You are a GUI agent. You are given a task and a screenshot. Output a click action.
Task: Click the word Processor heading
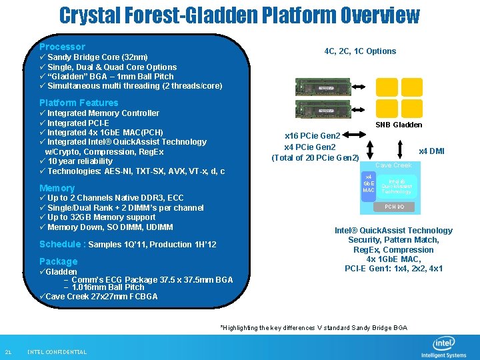(62, 47)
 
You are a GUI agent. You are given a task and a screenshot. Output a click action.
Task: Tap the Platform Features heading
(79, 103)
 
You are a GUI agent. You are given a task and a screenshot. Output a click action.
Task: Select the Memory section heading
(57, 188)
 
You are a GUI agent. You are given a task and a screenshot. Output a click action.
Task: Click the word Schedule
(61, 244)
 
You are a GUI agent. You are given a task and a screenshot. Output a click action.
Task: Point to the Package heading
(58, 261)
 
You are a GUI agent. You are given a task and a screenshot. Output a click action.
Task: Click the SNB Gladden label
(399, 125)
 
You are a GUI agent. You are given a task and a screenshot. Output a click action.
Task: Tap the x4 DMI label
(431, 151)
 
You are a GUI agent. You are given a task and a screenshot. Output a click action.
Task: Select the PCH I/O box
(393, 207)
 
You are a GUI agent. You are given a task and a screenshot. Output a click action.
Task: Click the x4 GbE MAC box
(368, 183)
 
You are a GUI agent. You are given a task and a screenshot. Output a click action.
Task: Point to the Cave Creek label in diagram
(393, 165)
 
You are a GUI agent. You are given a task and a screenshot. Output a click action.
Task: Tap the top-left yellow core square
(386, 87)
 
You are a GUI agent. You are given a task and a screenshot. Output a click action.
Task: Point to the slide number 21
(8, 352)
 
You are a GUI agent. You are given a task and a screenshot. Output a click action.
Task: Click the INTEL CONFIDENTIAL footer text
(57, 352)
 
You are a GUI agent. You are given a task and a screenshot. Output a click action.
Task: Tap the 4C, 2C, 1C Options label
(360, 51)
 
